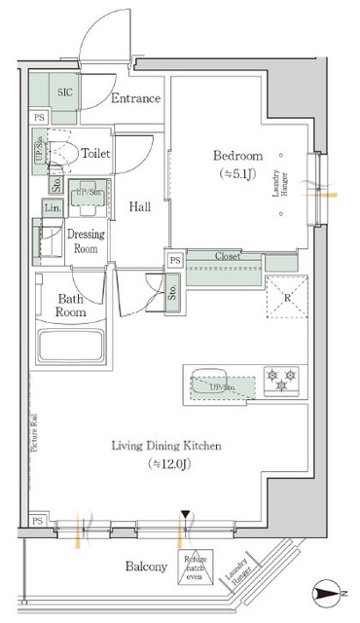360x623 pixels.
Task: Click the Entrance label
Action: click(x=135, y=98)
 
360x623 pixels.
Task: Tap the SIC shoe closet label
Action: click(x=65, y=92)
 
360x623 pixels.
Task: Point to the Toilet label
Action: click(x=95, y=153)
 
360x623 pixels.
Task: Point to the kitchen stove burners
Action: click(x=283, y=380)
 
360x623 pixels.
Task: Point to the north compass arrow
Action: click(x=331, y=591)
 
